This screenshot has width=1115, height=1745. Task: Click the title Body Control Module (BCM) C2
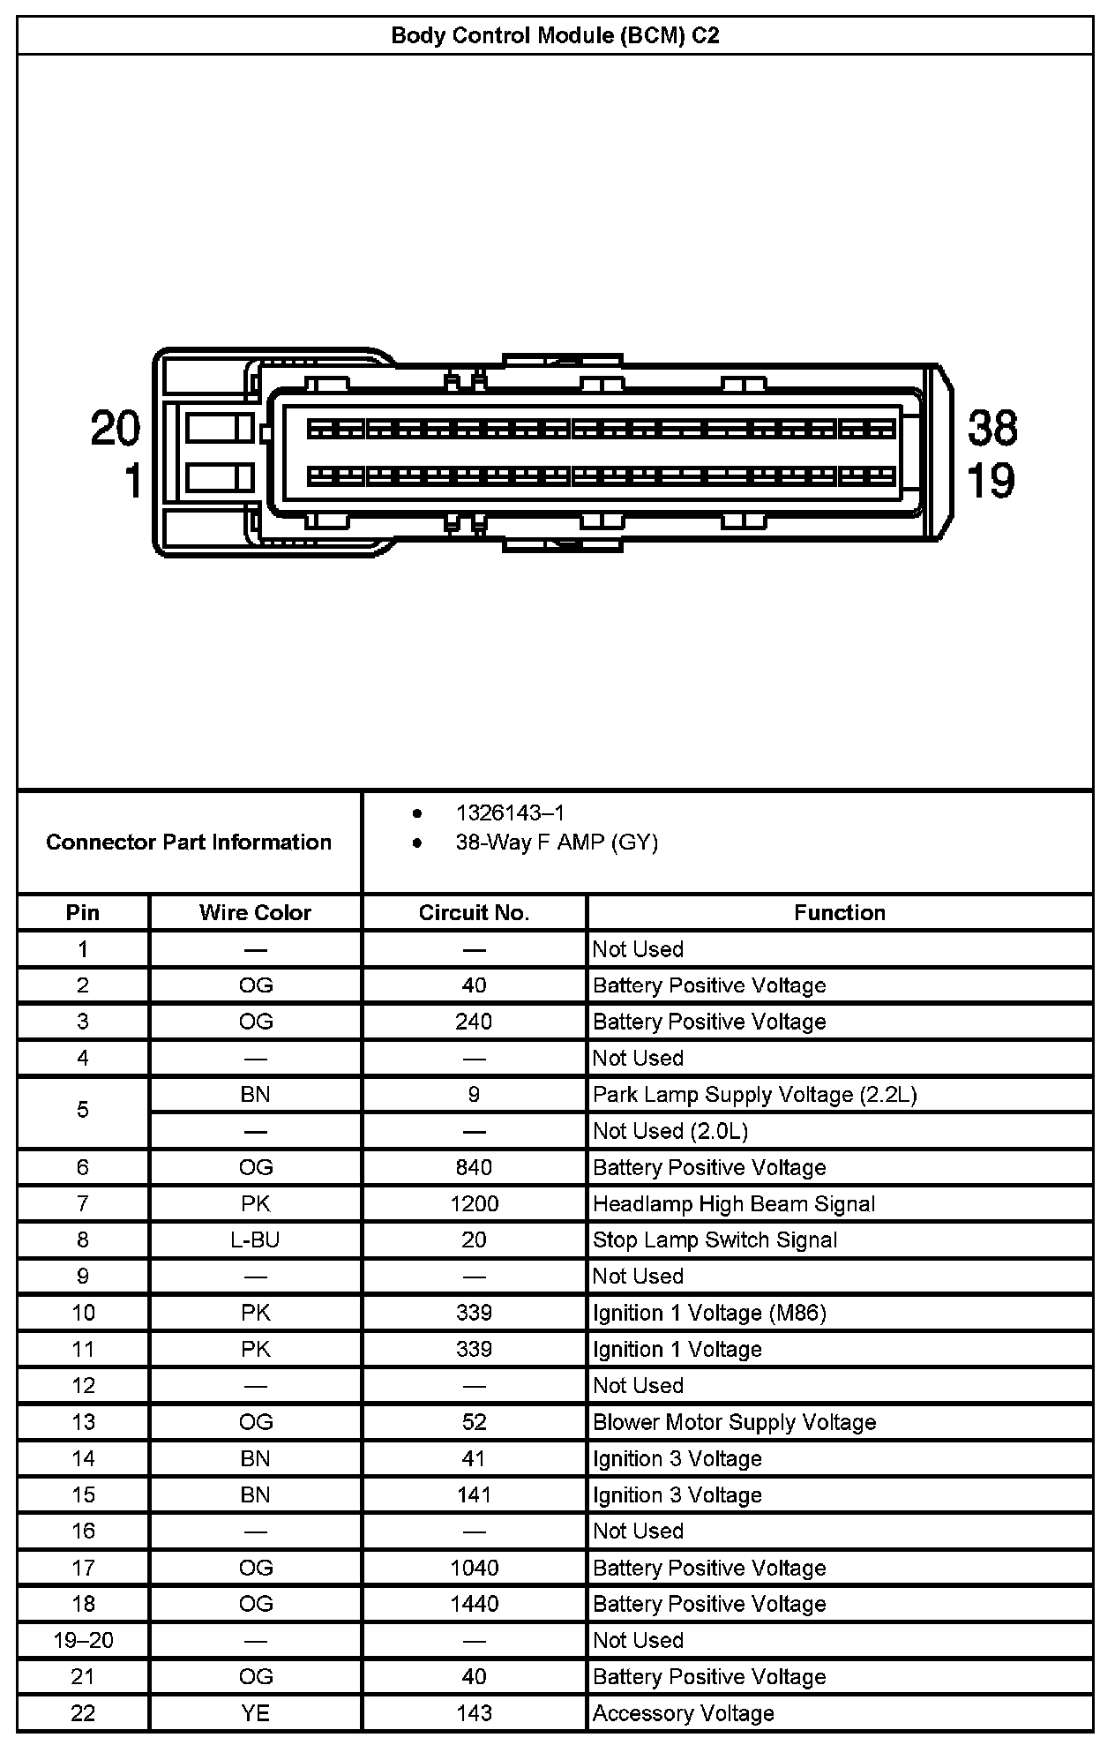click(x=555, y=36)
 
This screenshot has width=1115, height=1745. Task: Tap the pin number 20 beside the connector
click(x=116, y=429)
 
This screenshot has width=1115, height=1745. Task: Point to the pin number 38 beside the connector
click(x=992, y=428)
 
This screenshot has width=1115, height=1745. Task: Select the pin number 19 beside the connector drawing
click(x=992, y=481)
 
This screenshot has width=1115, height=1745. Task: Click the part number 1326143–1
click(x=510, y=813)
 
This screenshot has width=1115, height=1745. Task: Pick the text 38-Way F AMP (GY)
click(x=557, y=843)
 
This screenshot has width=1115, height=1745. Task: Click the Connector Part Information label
click(x=189, y=843)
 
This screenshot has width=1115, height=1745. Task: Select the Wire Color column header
click(x=255, y=912)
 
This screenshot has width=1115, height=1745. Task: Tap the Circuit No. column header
click(x=474, y=912)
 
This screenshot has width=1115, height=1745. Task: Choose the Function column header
click(x=840, y=912)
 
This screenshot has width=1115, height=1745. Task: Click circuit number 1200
click(x=474, y=1203)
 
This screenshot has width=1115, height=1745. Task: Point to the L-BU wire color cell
click(x=255, y=1239)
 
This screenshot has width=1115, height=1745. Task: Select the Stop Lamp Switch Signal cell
click(x=715, y=1239)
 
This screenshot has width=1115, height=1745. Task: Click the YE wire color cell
click(x=255, y=1713)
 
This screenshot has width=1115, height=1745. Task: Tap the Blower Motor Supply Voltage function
click(x=734, y=1422)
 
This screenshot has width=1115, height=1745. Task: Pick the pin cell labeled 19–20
click(x=83, y=1640)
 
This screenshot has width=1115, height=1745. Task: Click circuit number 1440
click(x=474, y=1604)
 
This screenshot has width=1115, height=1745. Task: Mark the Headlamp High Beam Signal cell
click(x=734, y=1203)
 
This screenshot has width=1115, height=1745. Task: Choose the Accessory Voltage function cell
click(x=683, y=1713)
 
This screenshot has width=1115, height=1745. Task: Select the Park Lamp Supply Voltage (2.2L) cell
click(x=754, y=1095)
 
